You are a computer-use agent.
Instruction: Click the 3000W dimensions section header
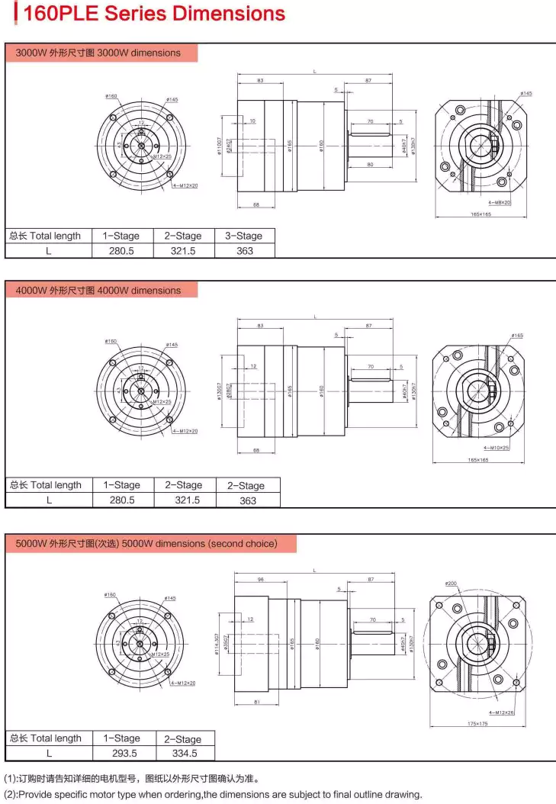pos(98,53)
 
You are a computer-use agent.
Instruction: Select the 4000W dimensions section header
pos(98,291)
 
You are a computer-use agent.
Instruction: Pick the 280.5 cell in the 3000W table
pos(121,250)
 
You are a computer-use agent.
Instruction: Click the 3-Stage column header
pos(244,236)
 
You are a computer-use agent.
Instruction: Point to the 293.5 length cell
pos(121,753)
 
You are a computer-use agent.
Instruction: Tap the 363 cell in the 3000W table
pos(244,250)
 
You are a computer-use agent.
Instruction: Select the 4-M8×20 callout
pos(500,203)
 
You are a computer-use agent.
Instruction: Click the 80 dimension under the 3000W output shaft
pos(370,164)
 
